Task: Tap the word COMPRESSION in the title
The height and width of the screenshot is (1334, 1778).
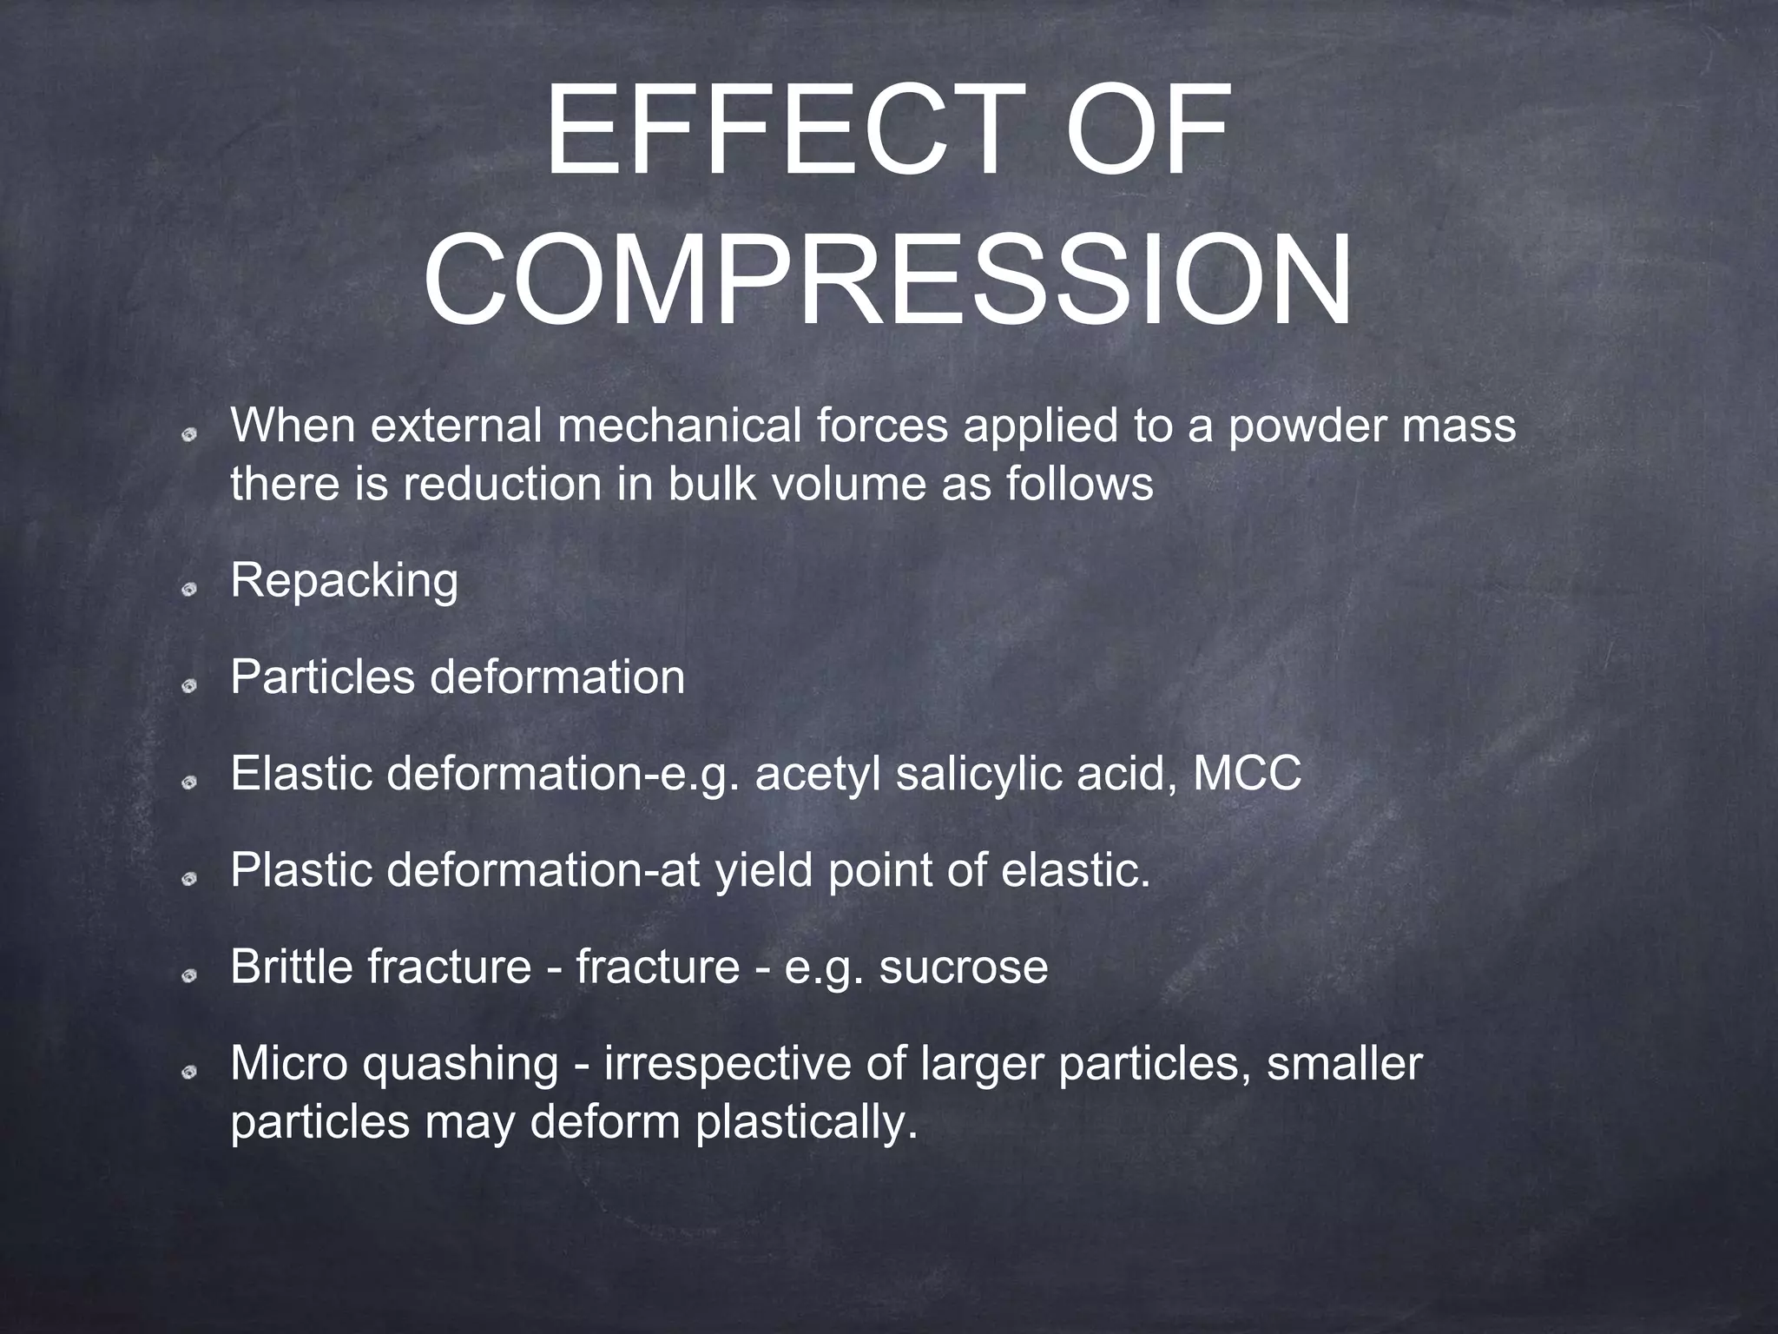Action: tap(887, 280)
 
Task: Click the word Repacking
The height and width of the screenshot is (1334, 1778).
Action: tap(344, 581)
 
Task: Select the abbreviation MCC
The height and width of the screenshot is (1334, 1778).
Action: tap(1247, 773)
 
